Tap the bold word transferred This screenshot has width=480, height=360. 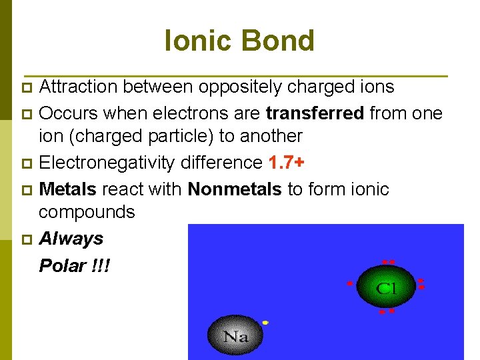pyautogui.click(x=315, y=113)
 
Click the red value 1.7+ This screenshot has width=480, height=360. pyautogui.click(x=287, y=163)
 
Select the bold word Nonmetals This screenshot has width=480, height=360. pyautogui.click(x=235, y=189)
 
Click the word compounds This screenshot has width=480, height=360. pyautogui.click(x=87, y=213)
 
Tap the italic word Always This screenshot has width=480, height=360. pyautogui.click(x=71, y=239)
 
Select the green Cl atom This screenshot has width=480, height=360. pyautogui.click(x=386, y=287)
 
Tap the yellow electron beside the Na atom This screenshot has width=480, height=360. pyautogui.click(x=265, y=323)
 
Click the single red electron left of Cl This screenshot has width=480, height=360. pyautogui.click(x=348, y=283)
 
